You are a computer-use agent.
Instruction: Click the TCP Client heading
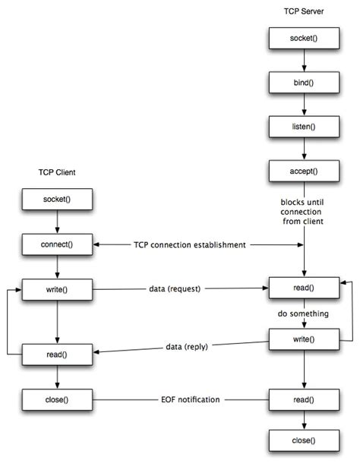coord(56,172)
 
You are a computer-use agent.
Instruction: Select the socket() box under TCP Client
coord(56,200)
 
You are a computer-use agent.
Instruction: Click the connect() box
coord(56,244)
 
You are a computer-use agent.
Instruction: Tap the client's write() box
coord(56,289)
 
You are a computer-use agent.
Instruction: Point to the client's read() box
coord(56,353)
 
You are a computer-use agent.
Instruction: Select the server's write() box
coord(304,338)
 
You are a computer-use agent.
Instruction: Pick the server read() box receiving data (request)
coord(304,289)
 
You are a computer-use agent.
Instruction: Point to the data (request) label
coord(179,289)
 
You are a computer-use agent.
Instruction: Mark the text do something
coord(304,313)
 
